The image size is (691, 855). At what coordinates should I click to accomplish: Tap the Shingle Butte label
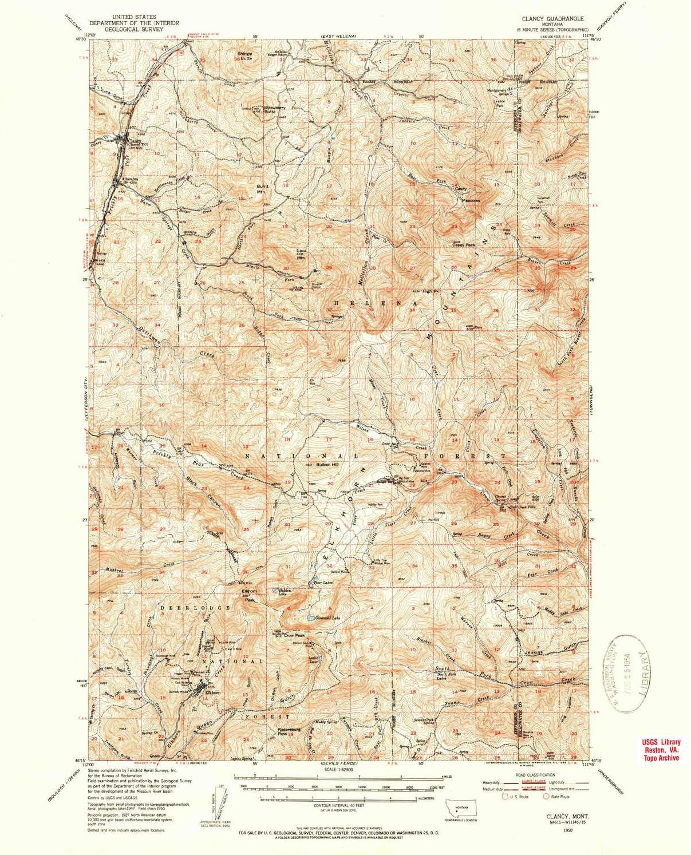point(245,56)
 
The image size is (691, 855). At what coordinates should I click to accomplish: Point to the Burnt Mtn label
point(262,189)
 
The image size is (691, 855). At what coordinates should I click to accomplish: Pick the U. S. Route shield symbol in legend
point(504,796)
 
